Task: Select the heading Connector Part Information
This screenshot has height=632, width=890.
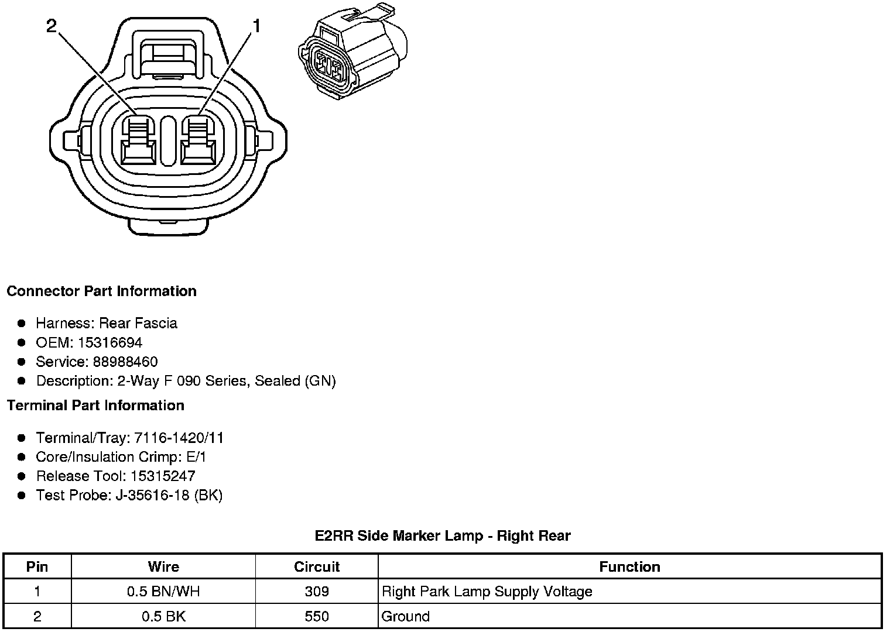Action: [x=101, y=291]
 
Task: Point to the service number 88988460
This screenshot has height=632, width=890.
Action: [x=125, y=362]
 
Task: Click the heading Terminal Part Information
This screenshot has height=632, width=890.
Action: [x=95, y=406]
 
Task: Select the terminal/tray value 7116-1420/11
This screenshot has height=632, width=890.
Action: [x=179, y=438]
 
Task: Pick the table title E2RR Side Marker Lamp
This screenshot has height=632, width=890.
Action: [x=442, y=535]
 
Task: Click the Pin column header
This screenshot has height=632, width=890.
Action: [x=37, y=566]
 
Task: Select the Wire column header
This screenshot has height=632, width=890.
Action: [x=163, y=566]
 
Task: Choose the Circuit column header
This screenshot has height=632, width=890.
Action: [x=317, y=566]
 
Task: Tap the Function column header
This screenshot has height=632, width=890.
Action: [x=629, y=566]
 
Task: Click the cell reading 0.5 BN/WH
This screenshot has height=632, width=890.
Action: [x=163, y=592]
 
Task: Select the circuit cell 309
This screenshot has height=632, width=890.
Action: [x=317, y=592]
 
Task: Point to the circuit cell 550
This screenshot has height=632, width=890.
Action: [x=317, y=616]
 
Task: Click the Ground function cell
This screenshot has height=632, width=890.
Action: [x=405, y=616]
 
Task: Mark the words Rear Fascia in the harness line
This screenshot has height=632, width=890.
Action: [x=138, y=323]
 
